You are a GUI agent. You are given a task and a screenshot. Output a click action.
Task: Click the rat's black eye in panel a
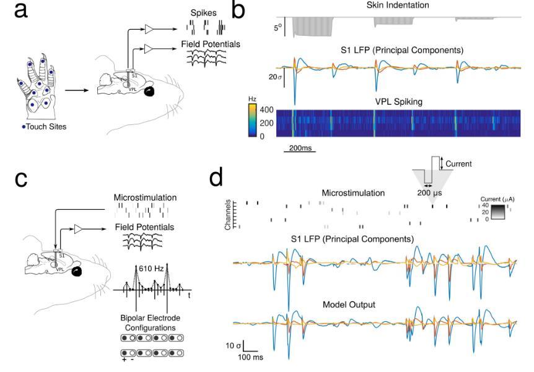pos(149,92)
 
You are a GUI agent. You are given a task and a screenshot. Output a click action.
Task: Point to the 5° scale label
pos(279,27)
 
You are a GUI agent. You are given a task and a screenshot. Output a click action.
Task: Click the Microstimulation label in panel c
pos(146,198)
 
